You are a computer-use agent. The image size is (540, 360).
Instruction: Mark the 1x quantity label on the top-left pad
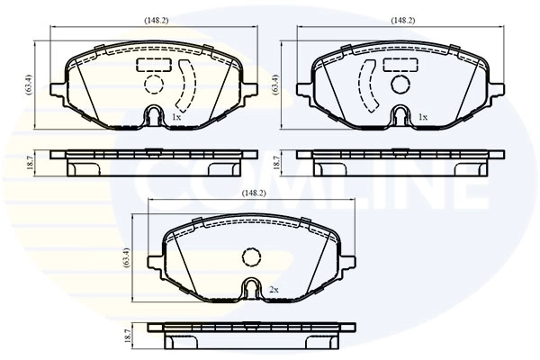[176, 117]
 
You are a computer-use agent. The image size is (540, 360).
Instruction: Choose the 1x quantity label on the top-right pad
[422, 117]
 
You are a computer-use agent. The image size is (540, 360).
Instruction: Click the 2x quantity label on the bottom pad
[274, 290]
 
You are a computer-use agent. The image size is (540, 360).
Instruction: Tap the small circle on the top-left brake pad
[153, 85]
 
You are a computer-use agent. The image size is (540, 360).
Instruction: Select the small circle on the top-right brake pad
[400, 85]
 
